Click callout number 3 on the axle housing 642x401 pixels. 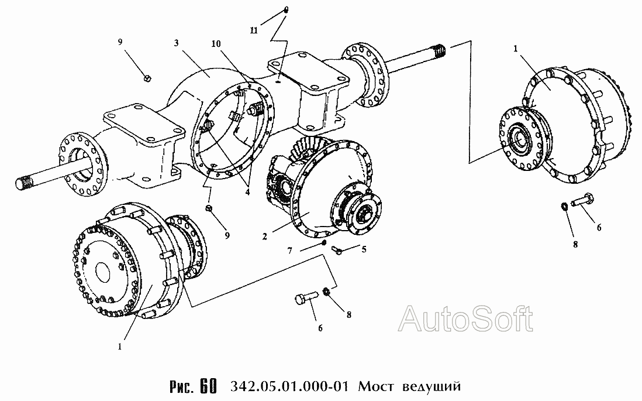click(x=176, y=43)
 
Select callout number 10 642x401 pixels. click(x=216, y=44)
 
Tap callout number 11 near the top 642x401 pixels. click(x=254, y=30)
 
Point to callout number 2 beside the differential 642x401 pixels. click(x=265, y=237)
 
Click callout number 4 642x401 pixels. click(x=247, y=191)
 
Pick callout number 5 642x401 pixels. click(x=364, y=249)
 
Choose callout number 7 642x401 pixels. click(x=290, y=251)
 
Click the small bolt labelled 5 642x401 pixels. click(x=338, y=248)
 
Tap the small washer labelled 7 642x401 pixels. click(x=323, y=243)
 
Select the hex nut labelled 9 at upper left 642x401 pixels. click(x=147, y=77)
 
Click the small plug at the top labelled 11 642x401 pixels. click(x=286, y=11)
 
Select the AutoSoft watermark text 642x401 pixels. click(x=466, y=318)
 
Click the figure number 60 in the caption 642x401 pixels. click(x=208, y=386)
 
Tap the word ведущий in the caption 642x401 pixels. click(x=432, y=386)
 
